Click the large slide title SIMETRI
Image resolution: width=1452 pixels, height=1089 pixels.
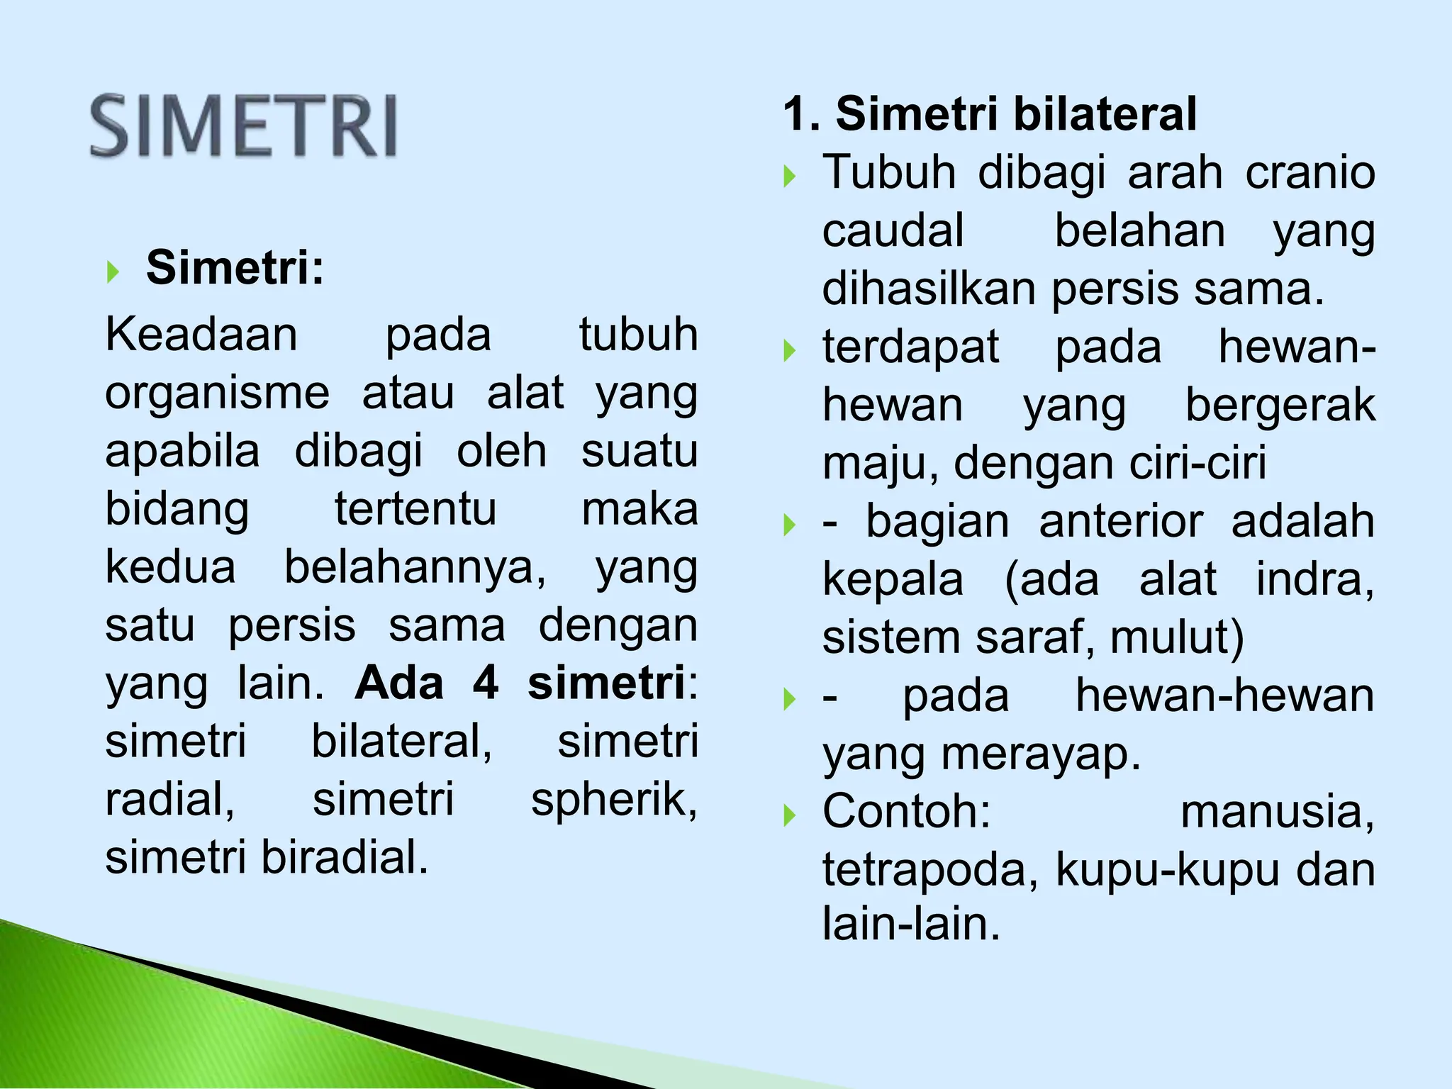coord(243,126)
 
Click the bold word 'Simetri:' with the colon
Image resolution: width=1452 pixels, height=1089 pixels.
coord(235,268)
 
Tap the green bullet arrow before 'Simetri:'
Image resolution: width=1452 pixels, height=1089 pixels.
coord(113,271)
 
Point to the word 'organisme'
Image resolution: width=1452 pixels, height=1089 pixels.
coord(217,393)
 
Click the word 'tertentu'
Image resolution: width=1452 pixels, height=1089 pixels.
coord(415,509)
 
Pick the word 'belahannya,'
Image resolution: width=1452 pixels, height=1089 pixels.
coord(415,567)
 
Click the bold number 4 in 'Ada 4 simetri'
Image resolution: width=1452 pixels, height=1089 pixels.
coord(486,683)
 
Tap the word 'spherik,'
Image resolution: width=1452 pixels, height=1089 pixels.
coord(614,800)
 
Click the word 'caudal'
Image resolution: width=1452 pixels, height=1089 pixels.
coord(893,230)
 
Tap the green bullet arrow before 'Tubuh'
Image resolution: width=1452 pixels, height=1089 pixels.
coord(790,175)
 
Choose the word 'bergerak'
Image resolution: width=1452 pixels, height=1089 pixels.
coord(1280,406)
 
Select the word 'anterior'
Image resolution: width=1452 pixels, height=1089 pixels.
coord(1121,522)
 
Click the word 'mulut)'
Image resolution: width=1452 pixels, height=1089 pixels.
coord(1177,637)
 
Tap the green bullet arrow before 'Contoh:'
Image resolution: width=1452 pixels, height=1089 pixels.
coord(790,815)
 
